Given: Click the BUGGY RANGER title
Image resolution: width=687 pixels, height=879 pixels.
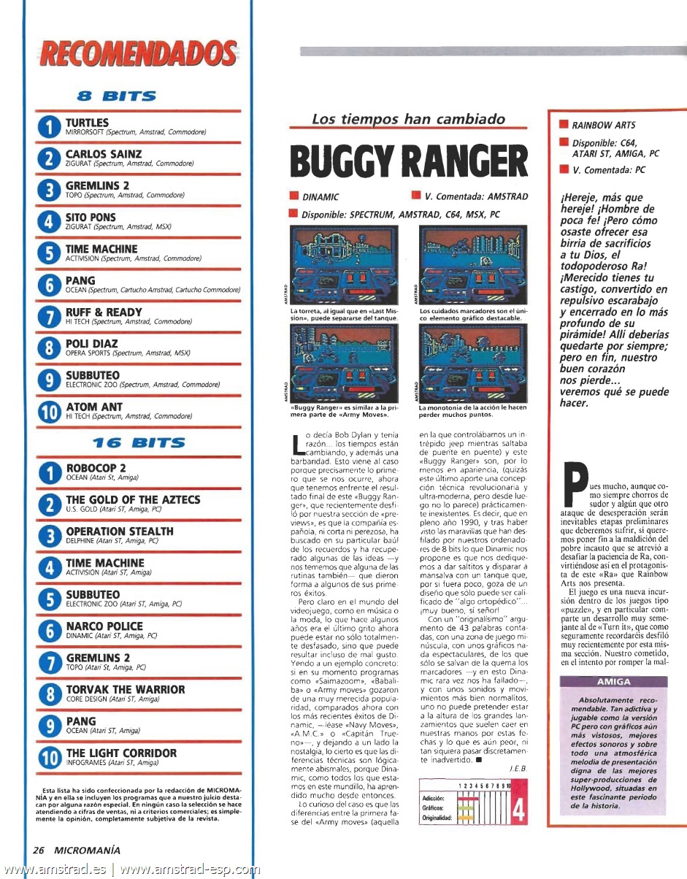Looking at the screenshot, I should tap(408, 161).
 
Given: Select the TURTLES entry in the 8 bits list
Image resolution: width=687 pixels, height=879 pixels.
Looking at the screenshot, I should tap(87, 123).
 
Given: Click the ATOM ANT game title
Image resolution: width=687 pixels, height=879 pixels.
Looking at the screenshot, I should tap(94, 407).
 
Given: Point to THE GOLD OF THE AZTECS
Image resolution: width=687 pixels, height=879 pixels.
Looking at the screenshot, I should tap(133, 499).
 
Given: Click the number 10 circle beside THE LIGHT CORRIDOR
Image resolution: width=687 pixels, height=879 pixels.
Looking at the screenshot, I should tap(48, 757).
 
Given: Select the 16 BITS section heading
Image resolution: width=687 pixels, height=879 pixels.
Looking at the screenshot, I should tap(139, 442).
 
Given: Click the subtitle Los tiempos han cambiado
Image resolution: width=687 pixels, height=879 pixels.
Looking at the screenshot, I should tap(408, 119).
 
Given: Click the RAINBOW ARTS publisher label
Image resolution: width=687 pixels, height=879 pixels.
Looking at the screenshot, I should tap(603, 125).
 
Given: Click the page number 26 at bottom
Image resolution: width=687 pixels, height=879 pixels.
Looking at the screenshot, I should tap(39, 849).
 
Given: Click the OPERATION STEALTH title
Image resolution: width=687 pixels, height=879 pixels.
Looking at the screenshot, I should tap(120, 531).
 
